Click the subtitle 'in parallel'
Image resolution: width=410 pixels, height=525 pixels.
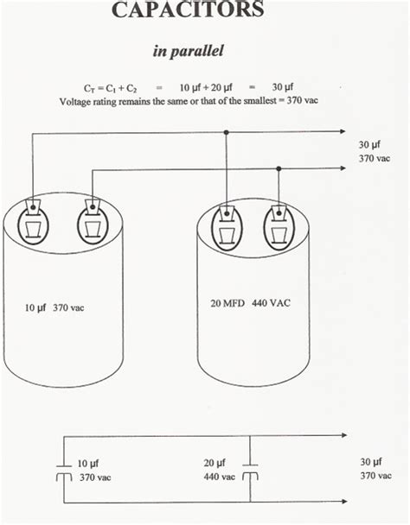click(189, 51)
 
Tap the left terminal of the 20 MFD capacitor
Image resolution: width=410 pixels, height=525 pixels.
click(227, 223)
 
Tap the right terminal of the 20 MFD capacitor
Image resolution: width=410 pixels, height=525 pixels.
click(279, 223)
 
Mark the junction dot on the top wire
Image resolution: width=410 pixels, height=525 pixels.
click(226, 133)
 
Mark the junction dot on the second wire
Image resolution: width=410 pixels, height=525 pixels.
click(279, 169)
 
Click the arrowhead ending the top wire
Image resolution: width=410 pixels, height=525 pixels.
click(342, 133)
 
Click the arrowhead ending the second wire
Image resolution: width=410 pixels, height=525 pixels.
click(342, 169)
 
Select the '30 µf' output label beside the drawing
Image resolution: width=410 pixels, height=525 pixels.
click(369, 144)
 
